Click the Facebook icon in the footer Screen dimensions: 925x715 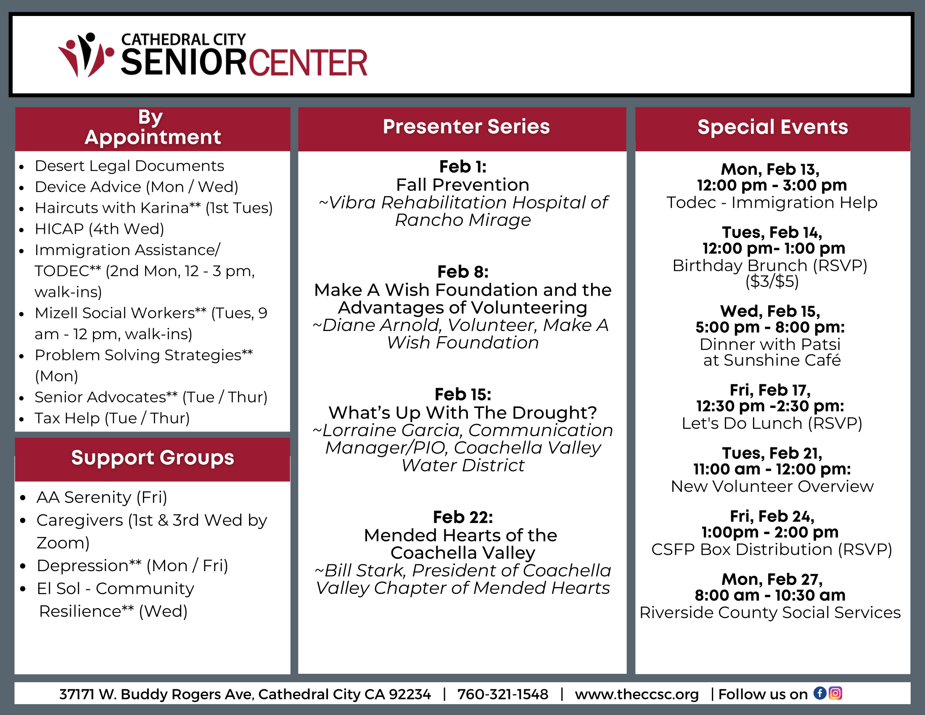[x=820, y=694]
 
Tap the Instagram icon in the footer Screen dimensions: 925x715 [x=835, y=694]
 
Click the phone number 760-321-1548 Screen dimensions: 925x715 [x=503, y=694]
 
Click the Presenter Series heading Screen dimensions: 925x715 [x=466, y=127]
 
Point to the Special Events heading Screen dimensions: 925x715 [x=773, y=127]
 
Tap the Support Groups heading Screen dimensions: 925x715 [x=153, y=458]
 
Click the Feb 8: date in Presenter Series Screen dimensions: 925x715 [x=463, y=272]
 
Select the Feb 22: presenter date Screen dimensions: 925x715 [x=463, y=517]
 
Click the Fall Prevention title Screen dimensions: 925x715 [x=463, y=185]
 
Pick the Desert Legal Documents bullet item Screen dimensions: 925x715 [x=129, y=166]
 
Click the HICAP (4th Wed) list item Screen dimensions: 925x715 [x=100, y=229]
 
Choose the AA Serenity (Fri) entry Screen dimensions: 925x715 [x=102, y=497]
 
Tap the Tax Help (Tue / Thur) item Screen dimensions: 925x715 [x=112, y=418]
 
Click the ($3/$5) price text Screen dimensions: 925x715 [x=772, y=281]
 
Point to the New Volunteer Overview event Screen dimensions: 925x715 [x=772, y=486]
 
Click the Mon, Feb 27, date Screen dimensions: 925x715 [x=772, y=579]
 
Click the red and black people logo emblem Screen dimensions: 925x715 [x=86, y=55]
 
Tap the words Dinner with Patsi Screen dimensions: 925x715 [x=770, y=344]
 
